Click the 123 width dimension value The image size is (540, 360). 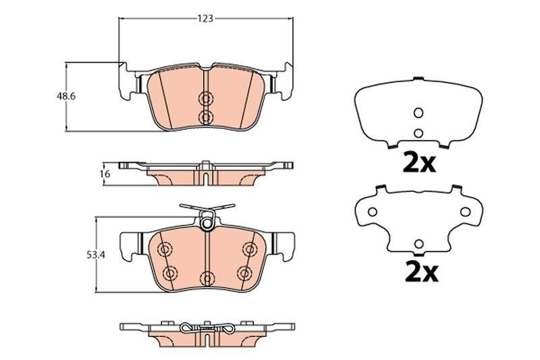tap(205, 19)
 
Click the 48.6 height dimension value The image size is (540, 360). tap(65, 96)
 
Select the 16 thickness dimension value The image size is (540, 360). tap(105, 174)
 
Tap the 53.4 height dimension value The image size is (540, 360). tap(95, 255)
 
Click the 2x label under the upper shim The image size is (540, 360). tap(419, 163)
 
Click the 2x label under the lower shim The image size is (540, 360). tap(421, 272)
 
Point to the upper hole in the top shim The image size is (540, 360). tap(418, 113)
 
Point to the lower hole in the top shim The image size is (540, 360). tap(418, 132)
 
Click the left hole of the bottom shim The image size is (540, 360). tap(372, 212)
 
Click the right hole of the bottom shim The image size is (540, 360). tap(465, 212)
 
